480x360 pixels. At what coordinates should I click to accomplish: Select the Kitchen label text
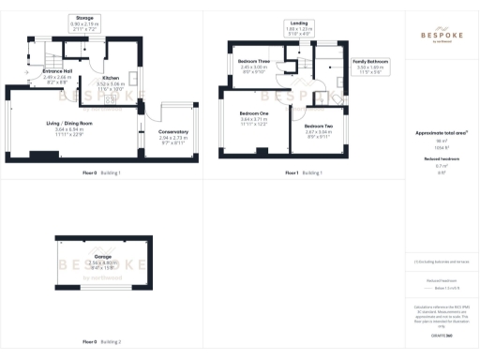tap(111, 78)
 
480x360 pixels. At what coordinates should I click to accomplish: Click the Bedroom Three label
tap(253, 61)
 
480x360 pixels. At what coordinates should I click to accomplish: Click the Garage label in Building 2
tap(103, 256)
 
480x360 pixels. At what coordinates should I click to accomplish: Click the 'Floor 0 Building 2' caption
tap(102, 341)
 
